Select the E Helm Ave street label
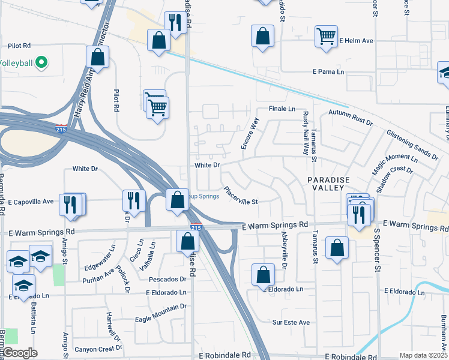click(357, 40)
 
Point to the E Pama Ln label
click(328, 72)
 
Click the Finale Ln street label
click(282, 109)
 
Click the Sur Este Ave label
click(291, 322)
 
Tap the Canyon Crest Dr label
click(98, 348)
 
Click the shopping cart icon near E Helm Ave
click(326, 35)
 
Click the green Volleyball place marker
click(41, 62)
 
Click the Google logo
click(21, 353)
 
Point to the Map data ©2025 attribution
click(423, 355)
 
